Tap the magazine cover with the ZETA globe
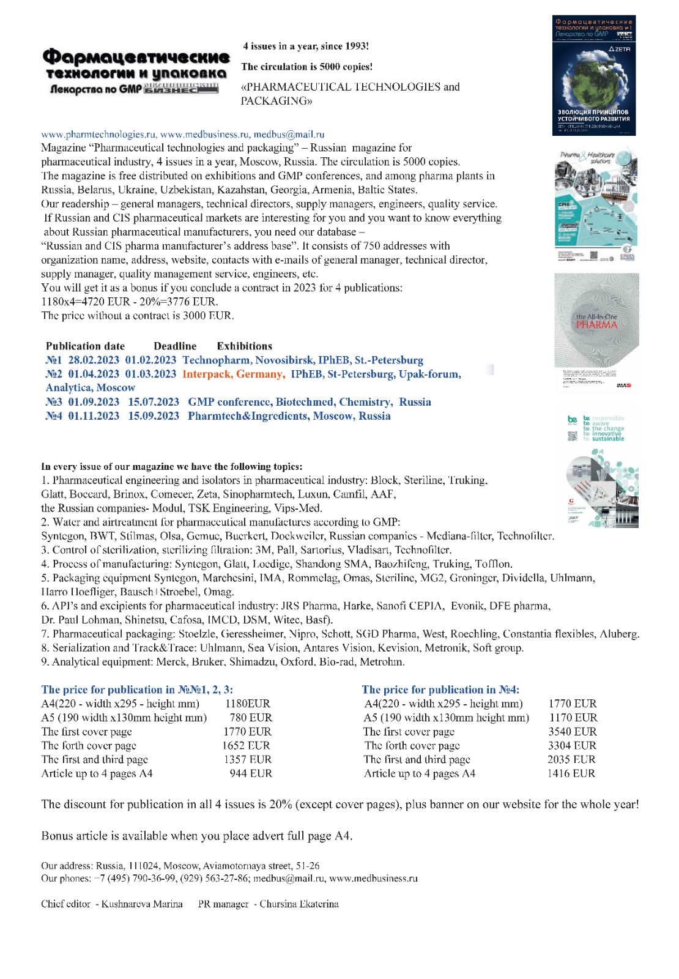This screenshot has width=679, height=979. pyautogui.click(x=593, y=75)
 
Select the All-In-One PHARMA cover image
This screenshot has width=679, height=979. pyautogui.click(x=596, y=330)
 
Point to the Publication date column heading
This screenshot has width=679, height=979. pyautogui.click(x=85, y=346)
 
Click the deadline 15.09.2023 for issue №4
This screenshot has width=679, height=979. pyautogui.click(x=154, y=416)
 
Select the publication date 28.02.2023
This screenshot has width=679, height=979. pyautogui.click(x=94, y=360)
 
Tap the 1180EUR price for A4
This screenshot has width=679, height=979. pyautogui.click(x=247, y=704)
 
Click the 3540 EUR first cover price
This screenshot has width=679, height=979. pyautogui.click(x=572, y=732)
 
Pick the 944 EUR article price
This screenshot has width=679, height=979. pyautogui.click(x=251, y=773)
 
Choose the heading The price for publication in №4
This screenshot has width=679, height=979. pyautogui.click(x=440, y=690)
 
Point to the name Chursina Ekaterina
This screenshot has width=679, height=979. pyautogui.click(x=299, y=904)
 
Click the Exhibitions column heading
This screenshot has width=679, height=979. pyautogui.click(x=244, y=346)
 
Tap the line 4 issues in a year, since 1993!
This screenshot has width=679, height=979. pyautogui.click(x=306, y=46)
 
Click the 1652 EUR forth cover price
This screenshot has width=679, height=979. pyautogui.click(x=246, y=745)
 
